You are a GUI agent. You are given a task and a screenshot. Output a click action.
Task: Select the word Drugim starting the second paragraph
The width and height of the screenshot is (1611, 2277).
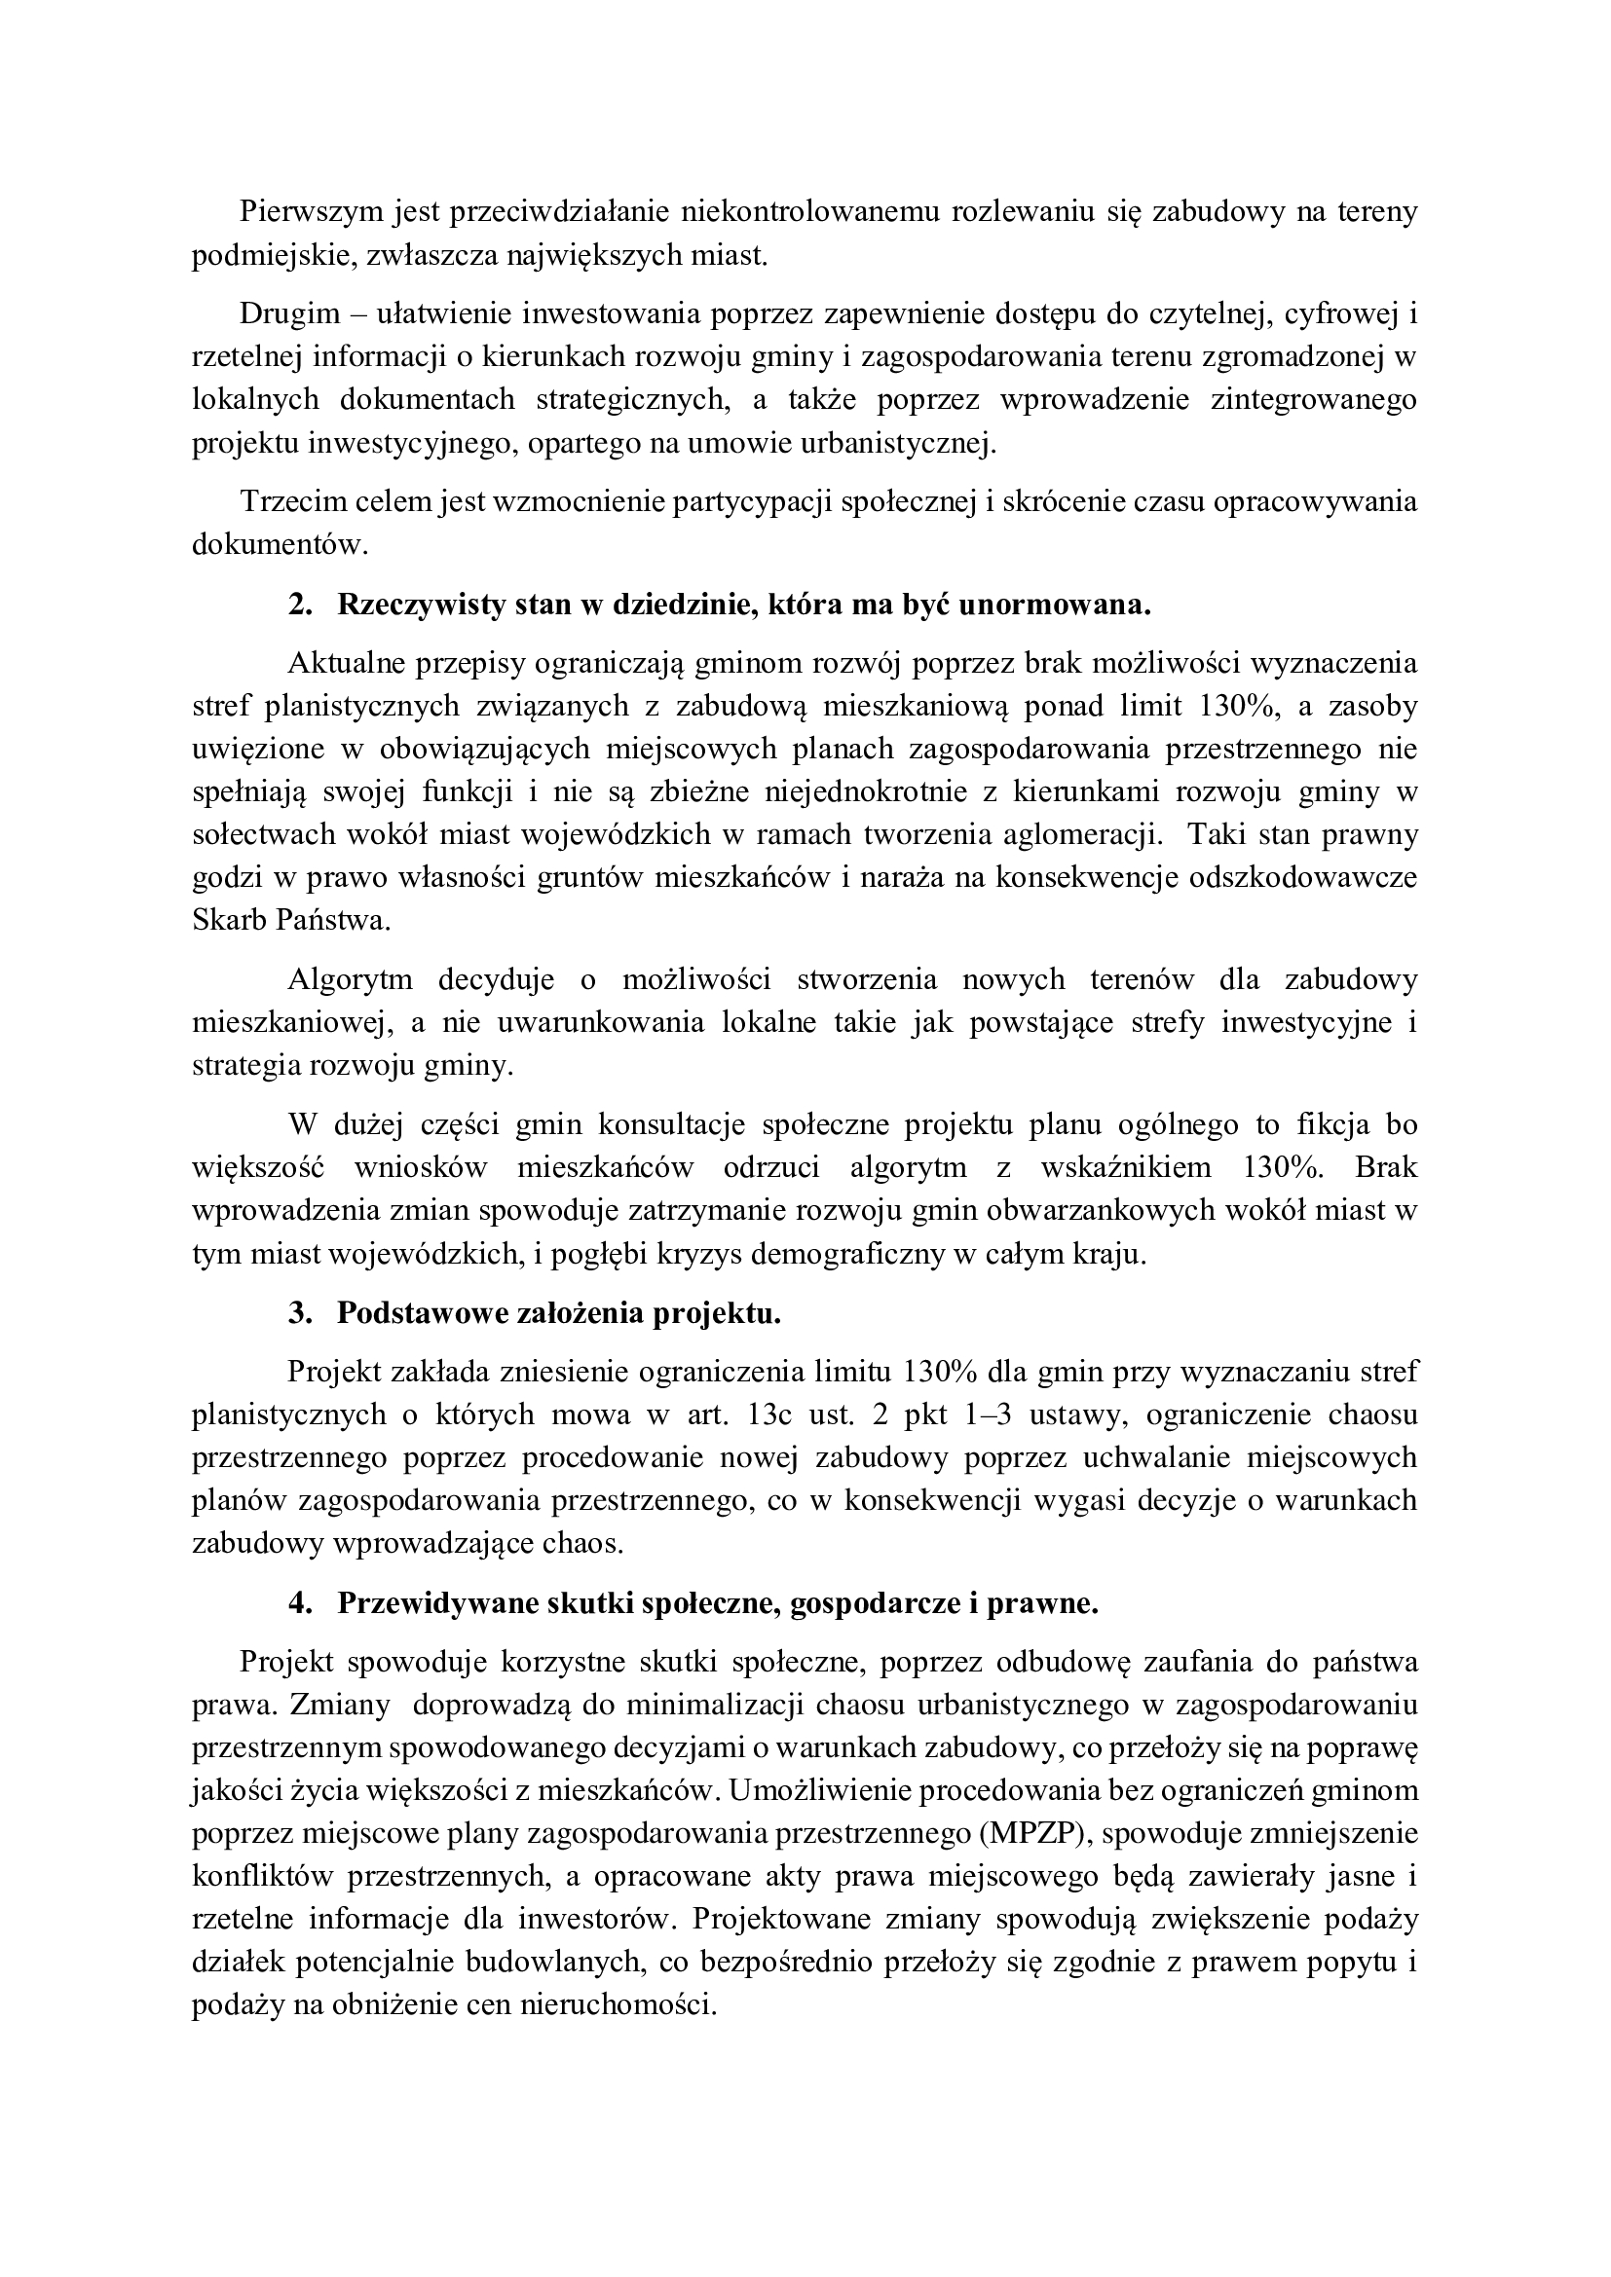point(286,313)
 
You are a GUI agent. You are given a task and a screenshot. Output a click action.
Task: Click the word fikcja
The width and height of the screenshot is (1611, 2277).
point(1330,1124)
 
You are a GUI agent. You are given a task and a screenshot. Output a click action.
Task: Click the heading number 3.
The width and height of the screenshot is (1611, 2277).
point(299,1313)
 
